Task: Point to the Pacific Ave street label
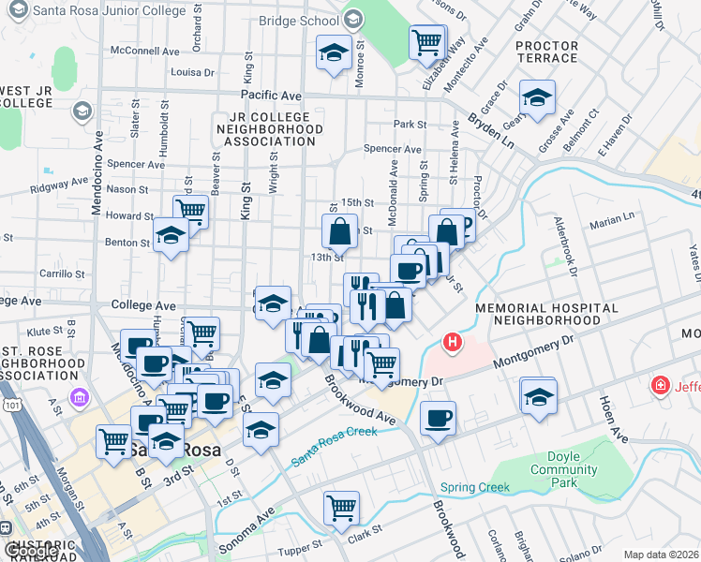point(271,96)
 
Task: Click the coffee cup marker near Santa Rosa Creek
point(437,418)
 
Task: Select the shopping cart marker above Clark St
point(342,508)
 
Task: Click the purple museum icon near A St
point(79,398)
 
